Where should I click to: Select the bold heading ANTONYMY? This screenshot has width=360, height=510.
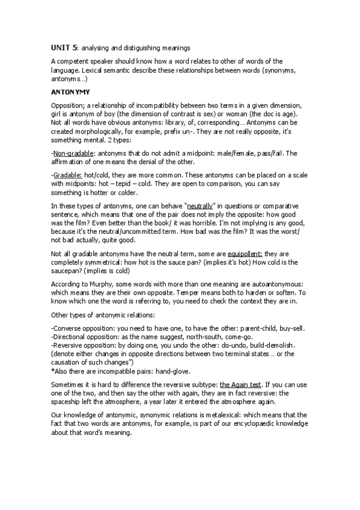70,92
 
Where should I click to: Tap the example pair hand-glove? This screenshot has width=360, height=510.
174,371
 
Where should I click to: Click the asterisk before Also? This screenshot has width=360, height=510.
53,371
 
